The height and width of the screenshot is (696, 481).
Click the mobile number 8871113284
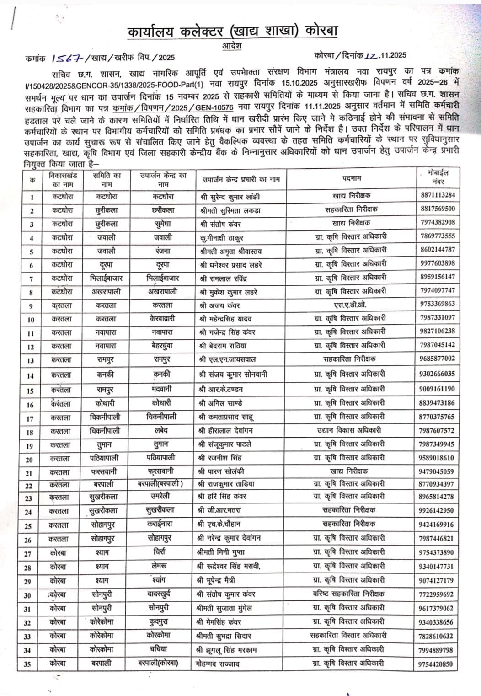click(437, 195)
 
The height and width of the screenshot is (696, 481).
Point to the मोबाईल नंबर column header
click(438, 177)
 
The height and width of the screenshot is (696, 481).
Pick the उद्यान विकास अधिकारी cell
click(349, 430)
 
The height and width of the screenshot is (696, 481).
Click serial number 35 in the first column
click(28, 664)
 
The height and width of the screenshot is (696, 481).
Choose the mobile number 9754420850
click(436, 664)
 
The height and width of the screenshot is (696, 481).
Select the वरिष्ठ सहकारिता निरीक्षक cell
click(349, 594)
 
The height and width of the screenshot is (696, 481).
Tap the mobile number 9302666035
click(437, 374)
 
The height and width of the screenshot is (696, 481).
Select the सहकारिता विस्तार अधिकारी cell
click(348, 636)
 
